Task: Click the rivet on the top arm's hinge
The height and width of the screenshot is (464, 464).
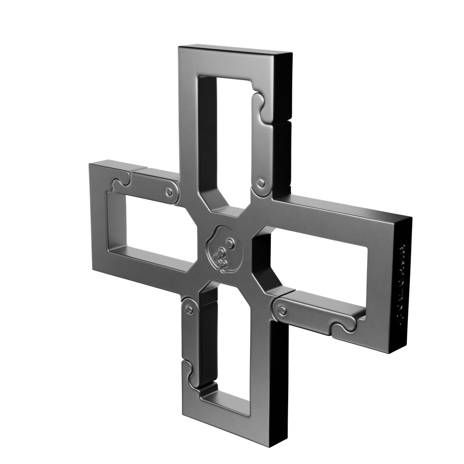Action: click(261, 182)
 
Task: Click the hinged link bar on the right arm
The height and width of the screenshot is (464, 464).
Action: click(316, 311)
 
